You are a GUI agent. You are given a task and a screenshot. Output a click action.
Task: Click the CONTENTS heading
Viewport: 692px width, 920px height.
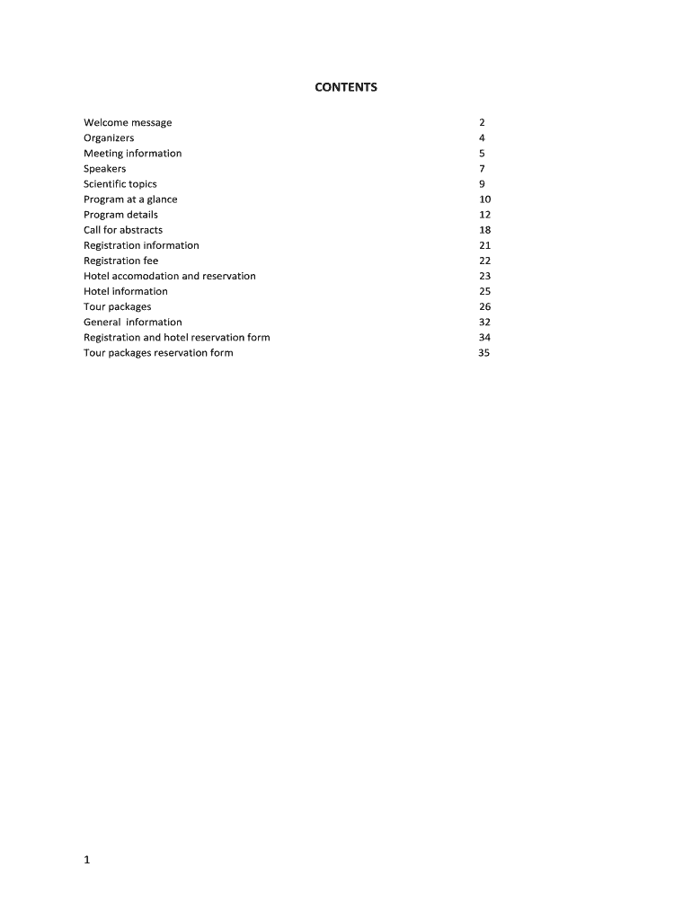(346, 87)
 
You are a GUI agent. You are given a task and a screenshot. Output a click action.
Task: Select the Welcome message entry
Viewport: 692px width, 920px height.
(128, 122)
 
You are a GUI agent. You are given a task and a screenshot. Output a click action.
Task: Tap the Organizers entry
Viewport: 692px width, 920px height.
(109, 137)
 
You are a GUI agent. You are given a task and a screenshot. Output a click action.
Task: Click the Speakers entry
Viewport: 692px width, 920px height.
(105, 169)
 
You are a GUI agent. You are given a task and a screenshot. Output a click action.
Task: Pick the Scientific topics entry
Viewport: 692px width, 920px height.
(120, 184)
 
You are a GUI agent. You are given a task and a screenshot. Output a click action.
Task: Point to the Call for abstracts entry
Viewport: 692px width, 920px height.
(123, 230)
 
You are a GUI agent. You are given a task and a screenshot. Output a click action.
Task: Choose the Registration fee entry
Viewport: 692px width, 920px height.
(120, 261)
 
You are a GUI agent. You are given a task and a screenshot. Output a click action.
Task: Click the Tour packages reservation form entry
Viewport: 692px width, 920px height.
(158, 353)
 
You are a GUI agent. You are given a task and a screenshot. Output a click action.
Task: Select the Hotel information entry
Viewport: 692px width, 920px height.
(126, 291)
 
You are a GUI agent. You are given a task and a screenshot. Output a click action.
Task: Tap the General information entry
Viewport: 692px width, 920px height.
(133, 323)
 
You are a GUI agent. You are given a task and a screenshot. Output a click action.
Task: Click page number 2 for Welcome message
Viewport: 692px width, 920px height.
(483, 122)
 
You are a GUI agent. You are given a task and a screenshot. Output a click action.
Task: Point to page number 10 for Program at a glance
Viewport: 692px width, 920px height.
(485, 199)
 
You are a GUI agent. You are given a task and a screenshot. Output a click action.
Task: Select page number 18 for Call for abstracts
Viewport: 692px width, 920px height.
(485, 230)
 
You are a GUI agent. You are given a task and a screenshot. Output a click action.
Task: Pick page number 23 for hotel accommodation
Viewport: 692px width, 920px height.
(485, 276)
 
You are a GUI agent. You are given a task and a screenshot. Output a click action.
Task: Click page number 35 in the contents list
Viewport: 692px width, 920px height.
(484, 353)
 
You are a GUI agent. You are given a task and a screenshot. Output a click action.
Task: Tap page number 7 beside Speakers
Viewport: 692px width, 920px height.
(483, 169)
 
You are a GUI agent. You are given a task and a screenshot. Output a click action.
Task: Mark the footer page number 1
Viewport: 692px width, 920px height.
(87, 860)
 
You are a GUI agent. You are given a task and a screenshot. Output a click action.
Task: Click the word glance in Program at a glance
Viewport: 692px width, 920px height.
(163, 199)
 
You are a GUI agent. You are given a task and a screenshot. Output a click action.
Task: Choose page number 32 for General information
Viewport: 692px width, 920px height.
(485, 323)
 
